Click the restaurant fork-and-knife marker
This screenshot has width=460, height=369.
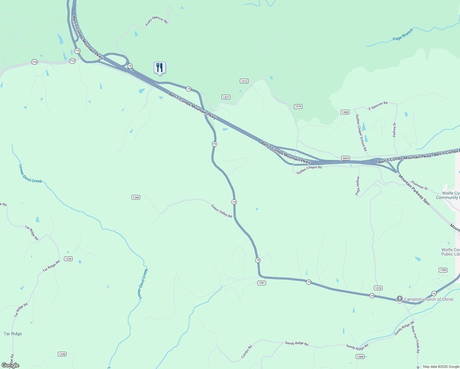pyautogui.click(x=160, y=68)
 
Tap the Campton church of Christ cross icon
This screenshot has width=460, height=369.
pyautogui.click(x=399, y=299)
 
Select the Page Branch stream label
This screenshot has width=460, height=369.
pyautogui.click(x=403, y=35)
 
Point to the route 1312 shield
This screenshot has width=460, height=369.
pyautogui.click(x=244, y=81)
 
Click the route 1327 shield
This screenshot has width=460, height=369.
pyautogui.click(x=226, y=97)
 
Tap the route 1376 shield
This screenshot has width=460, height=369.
pyautogui.click(x=298, y=106)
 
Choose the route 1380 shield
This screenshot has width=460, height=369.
pyautogui.click(x=345, y=112)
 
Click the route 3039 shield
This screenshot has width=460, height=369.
pyautogui.click(x=346, y=158)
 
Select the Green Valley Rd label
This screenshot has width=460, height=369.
pyautogui.click(x=221, y=211)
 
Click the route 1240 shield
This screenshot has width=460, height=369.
pyautogui.click(x=136, y=197)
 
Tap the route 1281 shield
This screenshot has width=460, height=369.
pyautogui.click(x=261, y=283)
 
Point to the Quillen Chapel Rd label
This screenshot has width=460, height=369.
pyautogui.click(x=309, y=170)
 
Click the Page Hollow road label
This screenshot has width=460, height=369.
pyautogui.click(x=358, y=186)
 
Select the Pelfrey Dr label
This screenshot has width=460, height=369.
pyautogui.click(x=395, y=130)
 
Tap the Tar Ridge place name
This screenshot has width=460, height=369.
pyautogui.click(x=13, y=334)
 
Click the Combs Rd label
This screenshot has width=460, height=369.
pyautogui.click(x=247, y=352)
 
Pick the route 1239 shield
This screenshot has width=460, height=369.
pyautogui.click(x=68, y=259)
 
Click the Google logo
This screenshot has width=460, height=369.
pyautogui.click(x=10, y=365)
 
